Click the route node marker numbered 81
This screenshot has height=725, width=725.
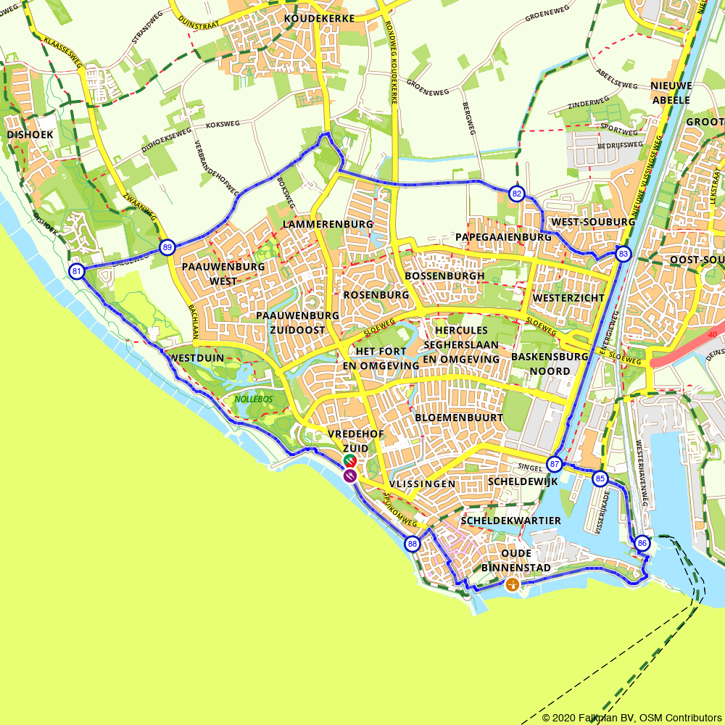(x=76, y=272)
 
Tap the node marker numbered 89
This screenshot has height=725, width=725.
(x=167, y=247)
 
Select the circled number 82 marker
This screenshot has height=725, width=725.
(x=516, y=194)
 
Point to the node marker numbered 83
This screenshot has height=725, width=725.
(x=623, y=254)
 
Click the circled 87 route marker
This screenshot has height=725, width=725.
(x=555, y=464)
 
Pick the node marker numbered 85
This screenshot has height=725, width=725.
(x=600, y=478)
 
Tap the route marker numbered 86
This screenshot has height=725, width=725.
(x=642, y=543)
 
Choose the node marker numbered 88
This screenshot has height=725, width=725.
(x=412, y=544)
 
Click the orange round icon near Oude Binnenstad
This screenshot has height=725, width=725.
(x=513, y=584)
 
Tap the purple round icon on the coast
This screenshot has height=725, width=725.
(x=349, y=475)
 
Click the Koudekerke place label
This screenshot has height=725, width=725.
(x=320, y=18)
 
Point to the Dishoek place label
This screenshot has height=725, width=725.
(x=28, y=135)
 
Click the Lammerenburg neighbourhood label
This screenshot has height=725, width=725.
(x=328, y=224)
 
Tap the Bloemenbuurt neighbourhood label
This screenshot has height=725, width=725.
(x=459, y=418)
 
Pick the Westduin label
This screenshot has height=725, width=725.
(x=197, y=357)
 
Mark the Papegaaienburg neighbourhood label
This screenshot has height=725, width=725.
(x=503, y=237)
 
